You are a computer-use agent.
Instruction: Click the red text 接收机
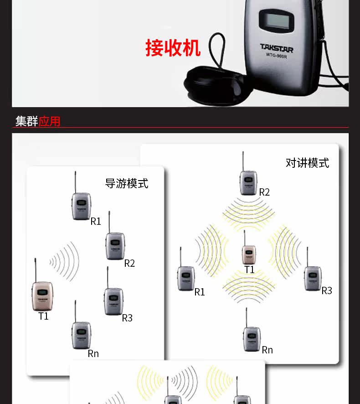coord(173,48)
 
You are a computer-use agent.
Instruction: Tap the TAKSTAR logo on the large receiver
coord(277,48)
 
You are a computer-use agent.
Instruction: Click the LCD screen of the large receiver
coord(277,20)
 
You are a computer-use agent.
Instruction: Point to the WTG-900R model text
coord(276,55)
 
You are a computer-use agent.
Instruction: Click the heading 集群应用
coord(38,121)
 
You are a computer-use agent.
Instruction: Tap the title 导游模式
coord(126,183)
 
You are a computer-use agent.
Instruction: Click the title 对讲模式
coord(307,163)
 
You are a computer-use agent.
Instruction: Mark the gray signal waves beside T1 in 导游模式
coord(64,261)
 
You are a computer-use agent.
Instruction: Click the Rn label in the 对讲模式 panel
coord(267,350)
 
